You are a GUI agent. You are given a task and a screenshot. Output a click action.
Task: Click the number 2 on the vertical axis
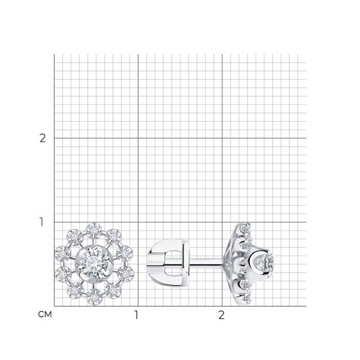tap(42, 138)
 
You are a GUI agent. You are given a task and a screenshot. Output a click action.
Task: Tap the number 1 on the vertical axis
tap(42, 222)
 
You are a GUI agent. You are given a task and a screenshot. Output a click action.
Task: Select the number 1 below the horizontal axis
tap(136, 315)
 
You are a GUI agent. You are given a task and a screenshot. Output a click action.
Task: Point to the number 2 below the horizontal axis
tap(221, 315)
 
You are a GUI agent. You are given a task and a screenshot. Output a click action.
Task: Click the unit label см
tap(45, 315)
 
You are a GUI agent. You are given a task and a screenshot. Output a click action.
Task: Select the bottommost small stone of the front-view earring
tap(94, 297)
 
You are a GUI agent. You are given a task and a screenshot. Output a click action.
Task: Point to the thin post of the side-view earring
tap(206, 262)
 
